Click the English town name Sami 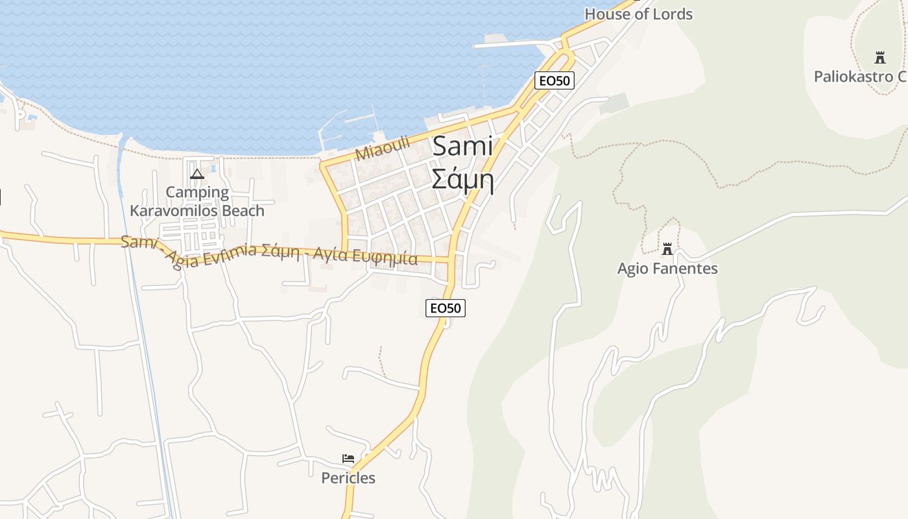[462, 147]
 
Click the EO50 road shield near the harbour [555, 80]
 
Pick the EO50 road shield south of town [446, 308]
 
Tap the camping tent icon [197, 174]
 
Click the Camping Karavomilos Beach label [197, 201]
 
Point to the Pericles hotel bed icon [348, 459]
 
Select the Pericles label [348, 478]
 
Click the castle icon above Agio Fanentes [667, 249]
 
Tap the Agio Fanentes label [667, 269]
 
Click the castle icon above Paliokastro [880, 58]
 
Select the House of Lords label [638, 14]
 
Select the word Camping [197, 192]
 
